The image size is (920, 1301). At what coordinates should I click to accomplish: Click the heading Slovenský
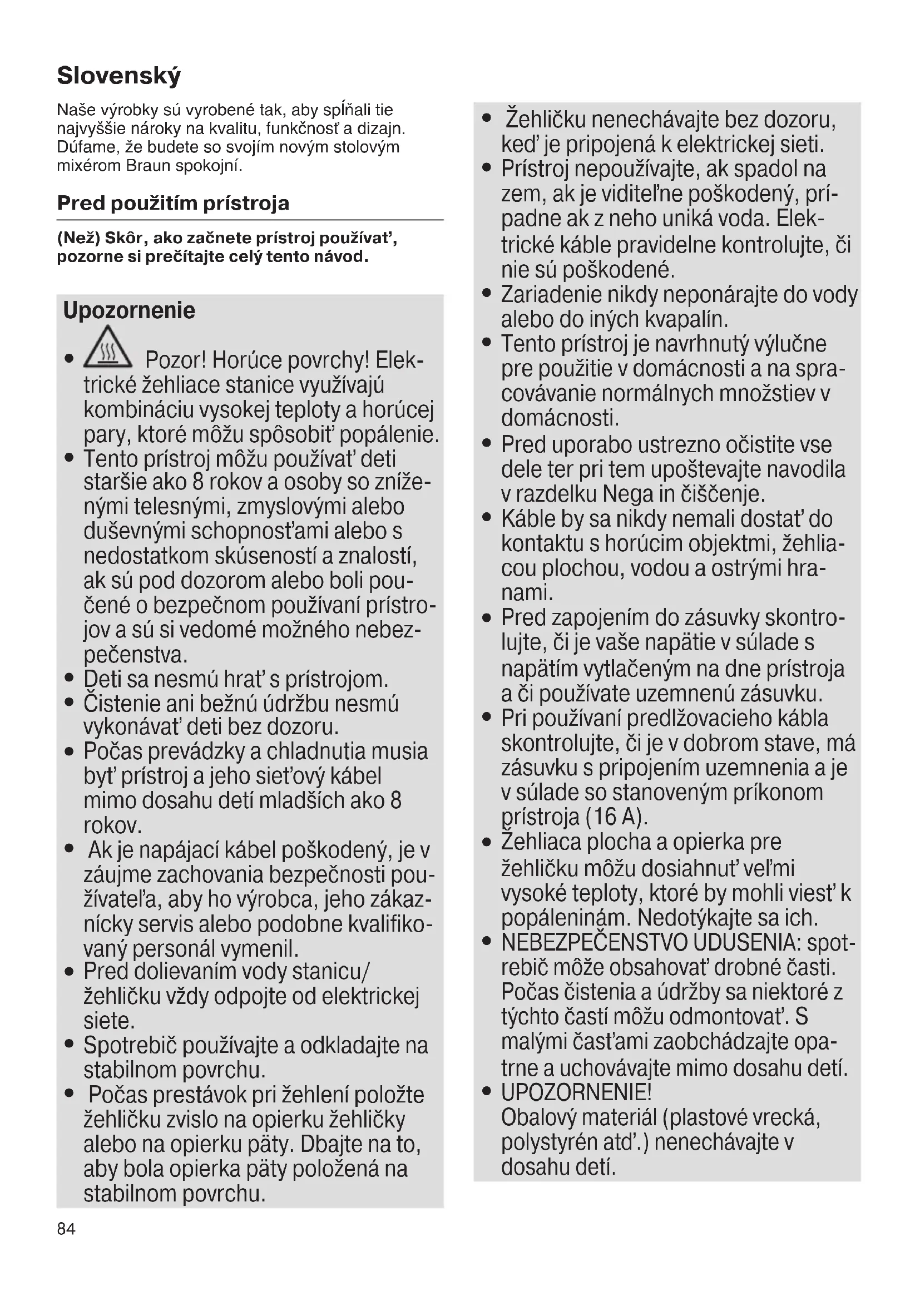(119, 75)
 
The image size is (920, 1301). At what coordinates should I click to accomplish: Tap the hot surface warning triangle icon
(108, 347)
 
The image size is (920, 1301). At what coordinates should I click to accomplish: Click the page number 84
(66, 1229)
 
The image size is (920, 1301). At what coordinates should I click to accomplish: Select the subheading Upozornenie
(129, 310)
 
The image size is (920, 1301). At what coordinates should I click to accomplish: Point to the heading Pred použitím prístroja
(173, 203)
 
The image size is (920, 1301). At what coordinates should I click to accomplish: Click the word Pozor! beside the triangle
(175, 360)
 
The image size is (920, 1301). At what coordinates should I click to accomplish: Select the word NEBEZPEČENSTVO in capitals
(594, 942)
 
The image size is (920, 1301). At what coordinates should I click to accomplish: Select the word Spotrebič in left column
(130, 1046)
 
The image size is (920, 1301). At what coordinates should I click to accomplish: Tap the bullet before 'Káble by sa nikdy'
(487, 518)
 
